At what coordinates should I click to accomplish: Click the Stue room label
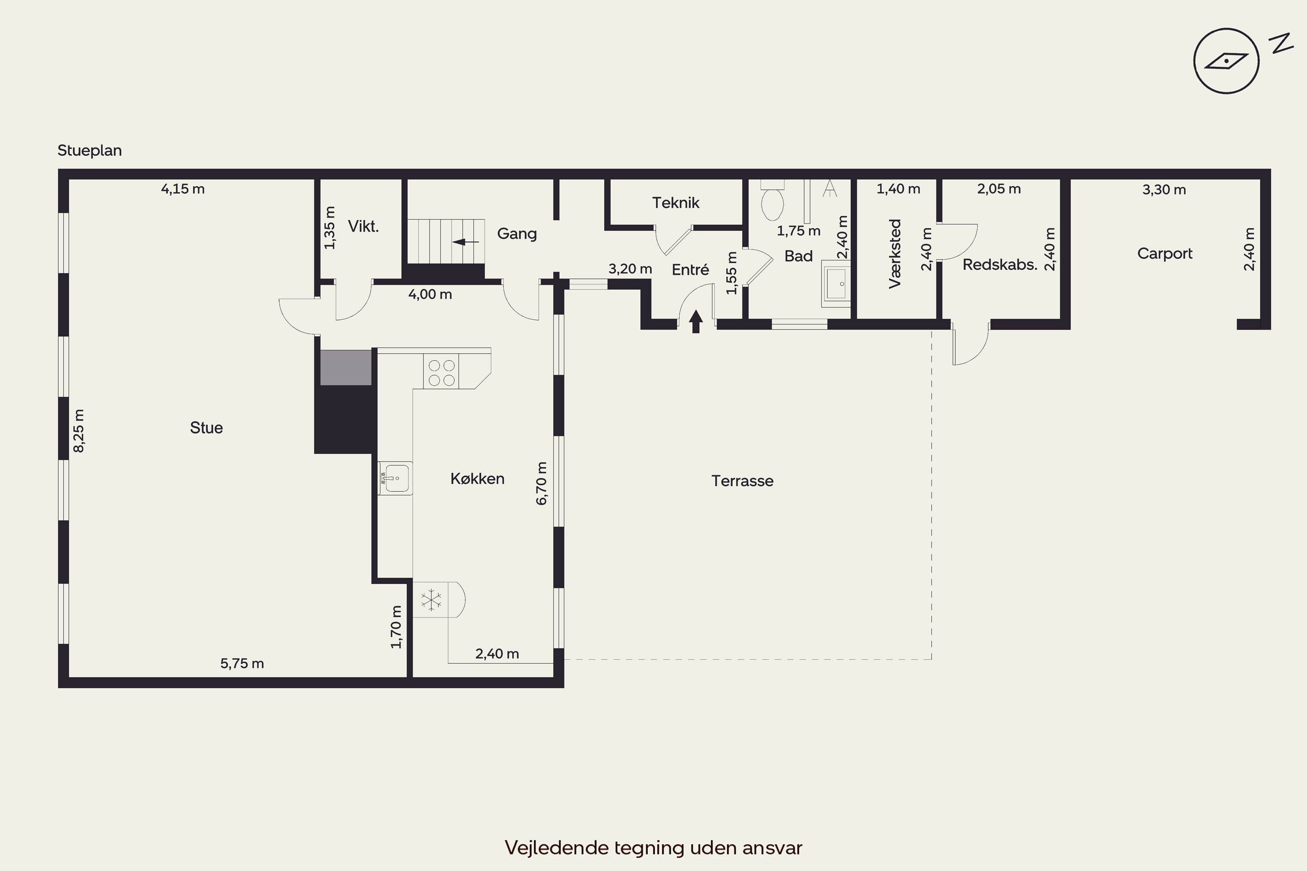206,428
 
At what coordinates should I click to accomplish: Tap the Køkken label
477,479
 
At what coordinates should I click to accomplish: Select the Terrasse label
742,481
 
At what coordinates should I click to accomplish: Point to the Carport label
1165,254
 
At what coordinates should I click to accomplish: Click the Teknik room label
676,203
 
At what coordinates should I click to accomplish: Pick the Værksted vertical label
895,254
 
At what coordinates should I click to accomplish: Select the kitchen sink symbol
395,478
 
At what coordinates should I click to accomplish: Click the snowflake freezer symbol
431,600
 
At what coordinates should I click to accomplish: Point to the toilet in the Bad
772,200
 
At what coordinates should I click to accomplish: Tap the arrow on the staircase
466,242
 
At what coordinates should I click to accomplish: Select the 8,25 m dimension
79,431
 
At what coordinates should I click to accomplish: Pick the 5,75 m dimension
242,663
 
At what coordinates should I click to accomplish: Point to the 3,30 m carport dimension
1164,189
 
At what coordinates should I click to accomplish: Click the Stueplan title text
89,151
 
